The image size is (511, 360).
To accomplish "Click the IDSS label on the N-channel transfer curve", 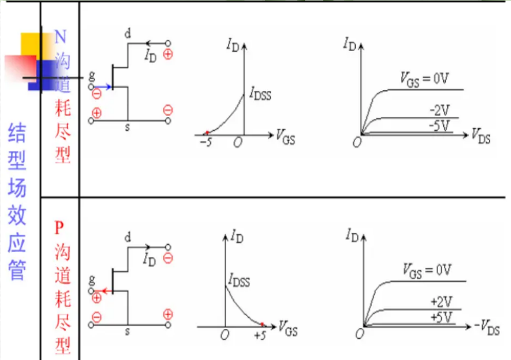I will [x=260, y=95].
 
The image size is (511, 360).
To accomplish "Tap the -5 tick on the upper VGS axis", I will [x=205, y=143].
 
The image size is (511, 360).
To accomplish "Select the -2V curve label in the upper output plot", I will [x=439, y=111].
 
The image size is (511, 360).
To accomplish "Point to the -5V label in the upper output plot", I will [x=440, y=125].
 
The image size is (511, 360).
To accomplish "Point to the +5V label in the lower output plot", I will [x=440, y=316].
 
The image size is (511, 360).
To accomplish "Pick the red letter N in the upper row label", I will [x=60, y=37].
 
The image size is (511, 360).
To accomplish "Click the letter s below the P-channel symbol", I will [x=128, y=331].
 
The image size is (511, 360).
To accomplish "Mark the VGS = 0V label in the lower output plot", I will [x=428, y=269].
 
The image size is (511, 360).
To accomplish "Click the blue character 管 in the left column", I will [x=17, y=270].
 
